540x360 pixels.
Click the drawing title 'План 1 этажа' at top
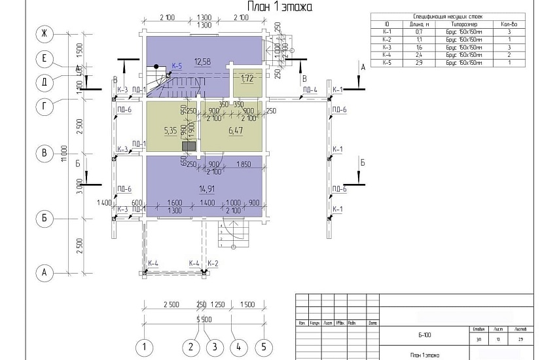(279, 7)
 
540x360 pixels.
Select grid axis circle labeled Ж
(45, 33)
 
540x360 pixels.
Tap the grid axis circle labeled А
(45, 273)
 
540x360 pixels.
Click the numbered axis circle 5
(263, 346)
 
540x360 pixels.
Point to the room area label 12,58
(203, 62)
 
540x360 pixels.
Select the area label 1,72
(247, 79)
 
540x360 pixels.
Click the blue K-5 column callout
(177, 66)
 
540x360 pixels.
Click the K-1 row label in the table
(386, 31)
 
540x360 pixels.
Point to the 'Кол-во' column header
(505, 24)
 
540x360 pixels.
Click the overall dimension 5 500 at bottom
(204, 319)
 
